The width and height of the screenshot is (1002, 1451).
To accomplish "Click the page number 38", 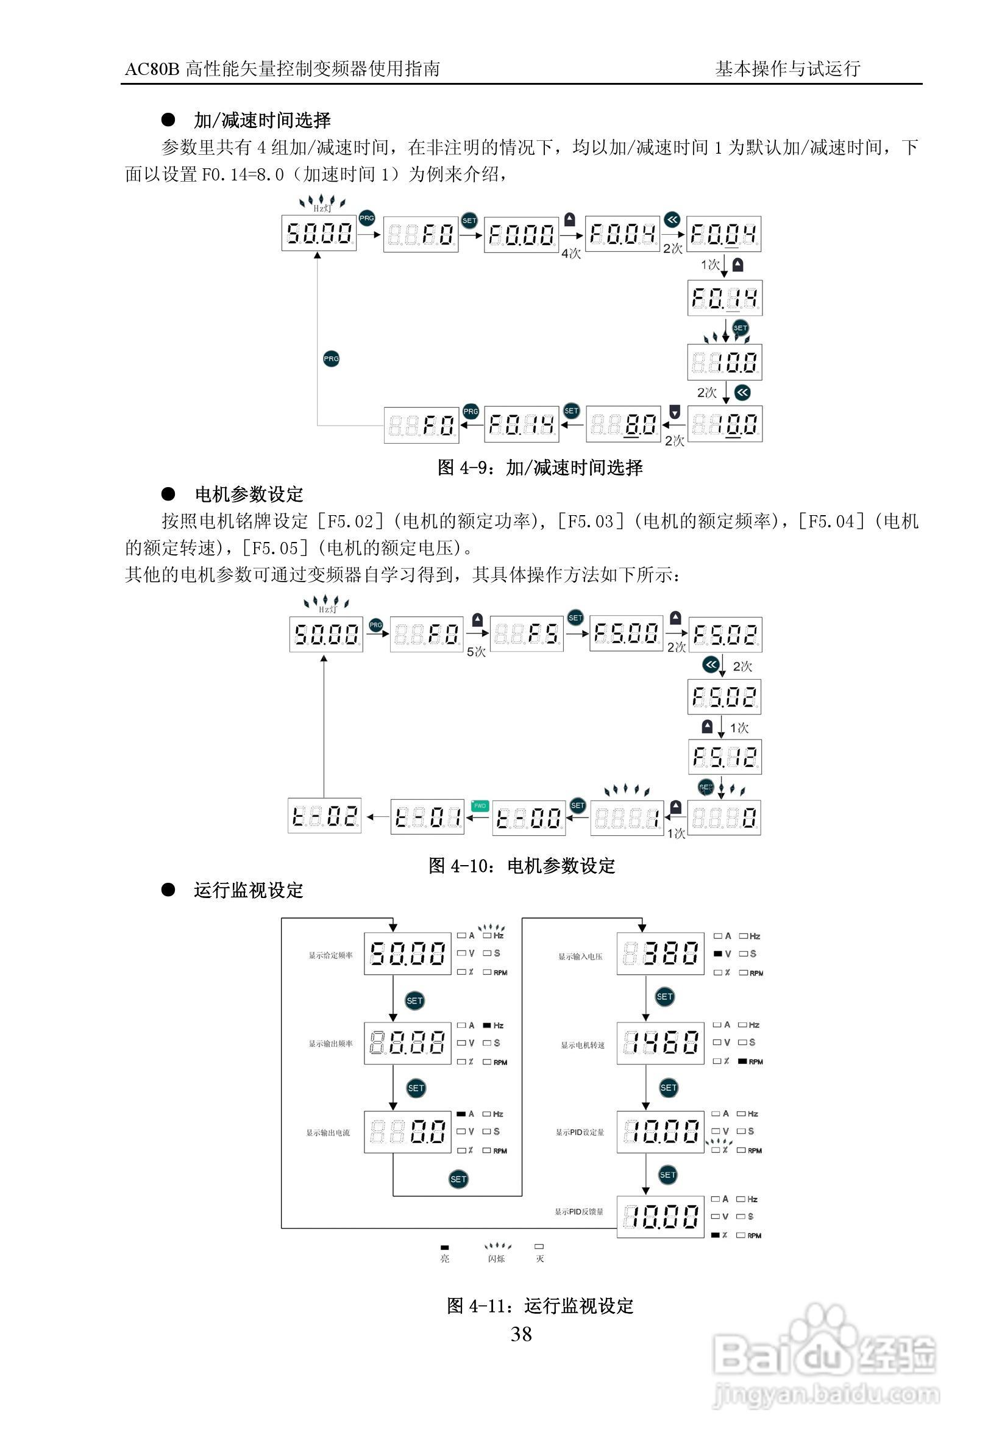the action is pos(521,1334).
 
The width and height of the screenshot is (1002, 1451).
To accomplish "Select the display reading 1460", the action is pos(660,1043).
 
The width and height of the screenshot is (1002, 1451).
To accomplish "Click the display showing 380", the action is pos(660,954).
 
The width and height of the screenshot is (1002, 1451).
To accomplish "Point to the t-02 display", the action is pos(325,817).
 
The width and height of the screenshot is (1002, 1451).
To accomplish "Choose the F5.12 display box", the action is pos(725,757).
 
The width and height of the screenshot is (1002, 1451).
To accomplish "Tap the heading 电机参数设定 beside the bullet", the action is pos(249,495).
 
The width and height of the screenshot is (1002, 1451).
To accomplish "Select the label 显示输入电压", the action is pos(580,957).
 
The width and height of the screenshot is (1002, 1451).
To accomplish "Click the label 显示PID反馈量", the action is pos(578,1212).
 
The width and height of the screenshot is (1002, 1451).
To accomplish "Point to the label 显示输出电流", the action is pos(328,1133).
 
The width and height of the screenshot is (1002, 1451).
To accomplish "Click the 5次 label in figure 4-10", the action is pos(476,652).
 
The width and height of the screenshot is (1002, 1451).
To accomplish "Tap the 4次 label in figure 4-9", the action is pos(570,254).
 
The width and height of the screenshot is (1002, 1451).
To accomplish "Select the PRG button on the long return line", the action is pos(331,359).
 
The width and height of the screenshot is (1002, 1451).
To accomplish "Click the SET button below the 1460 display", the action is pos(668,1088).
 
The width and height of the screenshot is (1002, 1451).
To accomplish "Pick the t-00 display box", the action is pos(528,818).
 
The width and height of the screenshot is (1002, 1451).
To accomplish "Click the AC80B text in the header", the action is pos(152,69).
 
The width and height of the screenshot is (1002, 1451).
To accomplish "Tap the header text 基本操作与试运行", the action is pos(787,69).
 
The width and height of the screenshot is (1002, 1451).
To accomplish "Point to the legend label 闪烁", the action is pos(496,1259).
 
